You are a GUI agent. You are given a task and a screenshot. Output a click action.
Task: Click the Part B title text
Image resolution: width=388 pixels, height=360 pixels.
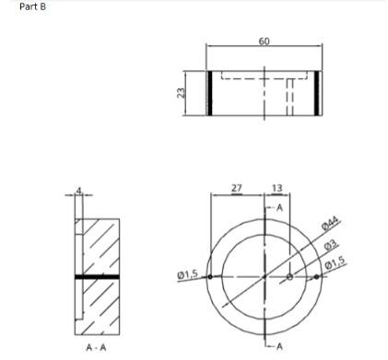(x=32, y=6)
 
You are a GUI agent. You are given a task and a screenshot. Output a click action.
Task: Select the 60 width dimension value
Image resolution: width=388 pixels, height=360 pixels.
(x=265, y=41)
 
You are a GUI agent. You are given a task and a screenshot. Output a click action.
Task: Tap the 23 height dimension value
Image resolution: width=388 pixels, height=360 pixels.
(x=182, y=93)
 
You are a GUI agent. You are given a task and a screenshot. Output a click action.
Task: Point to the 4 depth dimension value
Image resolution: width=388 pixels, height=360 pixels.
(x=79, y=191)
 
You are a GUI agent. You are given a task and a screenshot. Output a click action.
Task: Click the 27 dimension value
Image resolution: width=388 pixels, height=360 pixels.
(x=237, y=188)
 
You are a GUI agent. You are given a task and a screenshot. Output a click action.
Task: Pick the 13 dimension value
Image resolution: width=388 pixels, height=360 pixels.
(x=277, y=188)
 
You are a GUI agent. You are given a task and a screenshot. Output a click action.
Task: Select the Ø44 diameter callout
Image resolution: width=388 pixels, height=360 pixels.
(x=330, y=223)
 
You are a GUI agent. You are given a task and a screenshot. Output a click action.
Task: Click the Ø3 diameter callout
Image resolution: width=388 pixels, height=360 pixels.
(x=331, y=245)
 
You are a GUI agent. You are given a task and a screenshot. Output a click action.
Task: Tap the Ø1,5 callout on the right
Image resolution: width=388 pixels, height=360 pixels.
(x=335, y=262)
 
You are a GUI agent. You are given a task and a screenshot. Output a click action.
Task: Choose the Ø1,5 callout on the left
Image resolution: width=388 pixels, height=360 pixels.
(x=188, y=274)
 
